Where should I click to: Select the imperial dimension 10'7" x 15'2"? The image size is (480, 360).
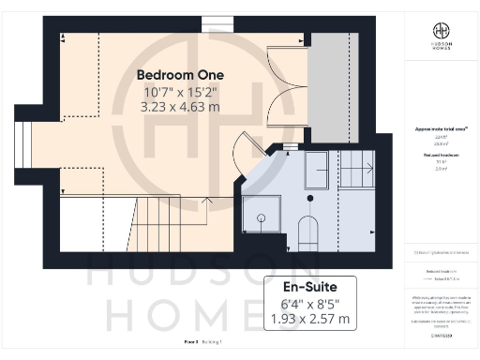pyautogui.click(x=178, y=92)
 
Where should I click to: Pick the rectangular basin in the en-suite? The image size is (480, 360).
pyautogui.click(x=314, y=163)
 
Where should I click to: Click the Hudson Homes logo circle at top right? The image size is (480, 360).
pyautogui.click(x=441, y=33)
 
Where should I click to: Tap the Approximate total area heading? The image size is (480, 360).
pyautogui.click(x=441, y=128)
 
